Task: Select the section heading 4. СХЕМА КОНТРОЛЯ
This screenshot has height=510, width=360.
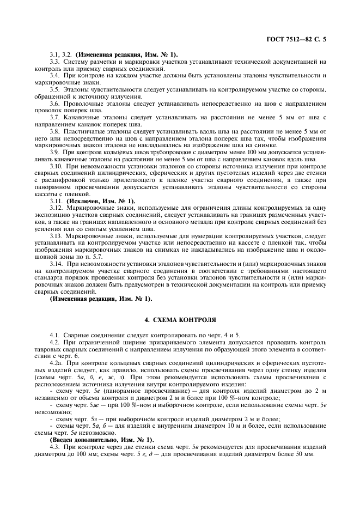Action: (x=180, y=320)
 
